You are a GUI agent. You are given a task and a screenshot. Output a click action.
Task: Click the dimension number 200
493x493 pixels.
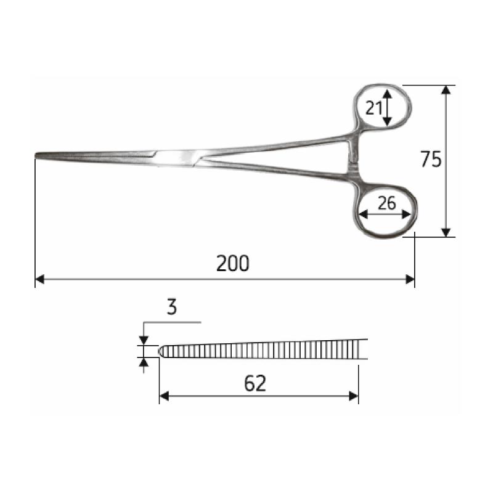point(233,264)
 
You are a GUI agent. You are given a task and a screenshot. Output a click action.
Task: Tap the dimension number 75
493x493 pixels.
point(431,159)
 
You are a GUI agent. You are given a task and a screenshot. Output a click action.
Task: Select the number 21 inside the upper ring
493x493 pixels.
point(373,108)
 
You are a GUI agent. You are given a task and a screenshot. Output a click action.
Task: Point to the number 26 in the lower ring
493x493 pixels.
point(387,203)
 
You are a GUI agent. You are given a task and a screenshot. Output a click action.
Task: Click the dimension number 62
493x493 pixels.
point(255,383)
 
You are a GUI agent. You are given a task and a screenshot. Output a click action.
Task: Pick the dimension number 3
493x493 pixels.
point(172,307)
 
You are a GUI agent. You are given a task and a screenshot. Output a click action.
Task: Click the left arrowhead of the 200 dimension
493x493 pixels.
point(39,279)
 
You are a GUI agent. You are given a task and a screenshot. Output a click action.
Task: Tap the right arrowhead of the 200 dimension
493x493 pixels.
point(410,279)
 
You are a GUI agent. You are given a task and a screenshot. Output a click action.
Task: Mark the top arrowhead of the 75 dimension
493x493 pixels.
point(446,90)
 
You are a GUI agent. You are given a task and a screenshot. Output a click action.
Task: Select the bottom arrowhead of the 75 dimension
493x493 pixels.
point(446,232)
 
